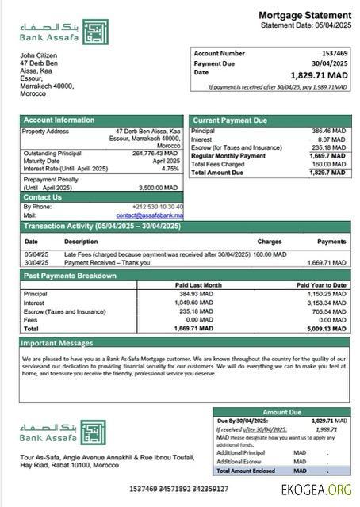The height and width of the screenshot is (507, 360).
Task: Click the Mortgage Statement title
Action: [304, 15]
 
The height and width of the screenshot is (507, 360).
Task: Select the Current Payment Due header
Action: [229, 120]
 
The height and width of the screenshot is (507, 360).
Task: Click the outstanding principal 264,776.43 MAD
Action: [155, 153]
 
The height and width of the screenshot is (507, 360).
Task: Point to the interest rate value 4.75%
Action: [170, 169]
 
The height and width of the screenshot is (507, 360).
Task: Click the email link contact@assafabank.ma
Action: [149, 215]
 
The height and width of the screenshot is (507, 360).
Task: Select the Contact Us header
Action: [42, 197]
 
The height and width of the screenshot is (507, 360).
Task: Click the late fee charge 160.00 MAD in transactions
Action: [270, 254]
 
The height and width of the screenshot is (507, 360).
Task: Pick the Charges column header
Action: [270, 241]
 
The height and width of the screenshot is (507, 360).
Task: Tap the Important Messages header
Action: [57, 343]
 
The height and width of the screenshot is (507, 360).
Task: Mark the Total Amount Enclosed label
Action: [245, 471]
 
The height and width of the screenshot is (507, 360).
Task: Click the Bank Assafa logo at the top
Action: [63, 32]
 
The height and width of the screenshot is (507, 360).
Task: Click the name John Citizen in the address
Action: [40, 55]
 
